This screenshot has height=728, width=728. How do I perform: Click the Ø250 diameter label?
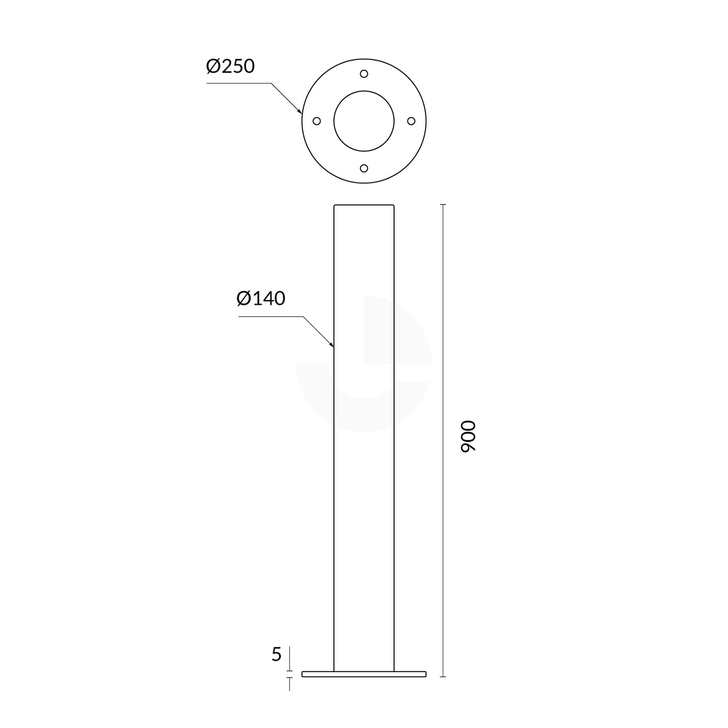tap(230, 67)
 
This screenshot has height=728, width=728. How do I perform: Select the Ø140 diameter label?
tap(261, 299)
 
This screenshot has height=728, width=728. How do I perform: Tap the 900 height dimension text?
tap(468, 436)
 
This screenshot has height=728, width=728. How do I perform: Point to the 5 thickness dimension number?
tap(276, 655)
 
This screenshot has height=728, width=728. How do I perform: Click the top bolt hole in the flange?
tap(364, 74)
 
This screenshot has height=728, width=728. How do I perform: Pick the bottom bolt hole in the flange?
tap(364, 168)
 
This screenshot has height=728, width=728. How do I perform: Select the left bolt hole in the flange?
tap(317, 121)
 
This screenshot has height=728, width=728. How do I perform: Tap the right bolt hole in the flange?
tap(411, 121)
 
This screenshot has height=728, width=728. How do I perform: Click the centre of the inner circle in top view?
tap(364, 121)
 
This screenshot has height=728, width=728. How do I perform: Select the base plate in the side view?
tap(364, 674)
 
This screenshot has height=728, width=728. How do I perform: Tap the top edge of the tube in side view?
tap(364, 205)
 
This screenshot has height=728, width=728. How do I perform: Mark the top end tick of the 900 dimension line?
tap(443, 205)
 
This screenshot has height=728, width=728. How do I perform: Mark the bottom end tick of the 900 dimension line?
tap(443, 676)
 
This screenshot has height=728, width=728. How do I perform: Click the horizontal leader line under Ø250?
tap(238, 83)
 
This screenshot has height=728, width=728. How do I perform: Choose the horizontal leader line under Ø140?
tap(269, 316)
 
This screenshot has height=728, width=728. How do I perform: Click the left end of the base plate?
tap(303, 674)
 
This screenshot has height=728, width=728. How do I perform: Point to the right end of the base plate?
tap(425, 674)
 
